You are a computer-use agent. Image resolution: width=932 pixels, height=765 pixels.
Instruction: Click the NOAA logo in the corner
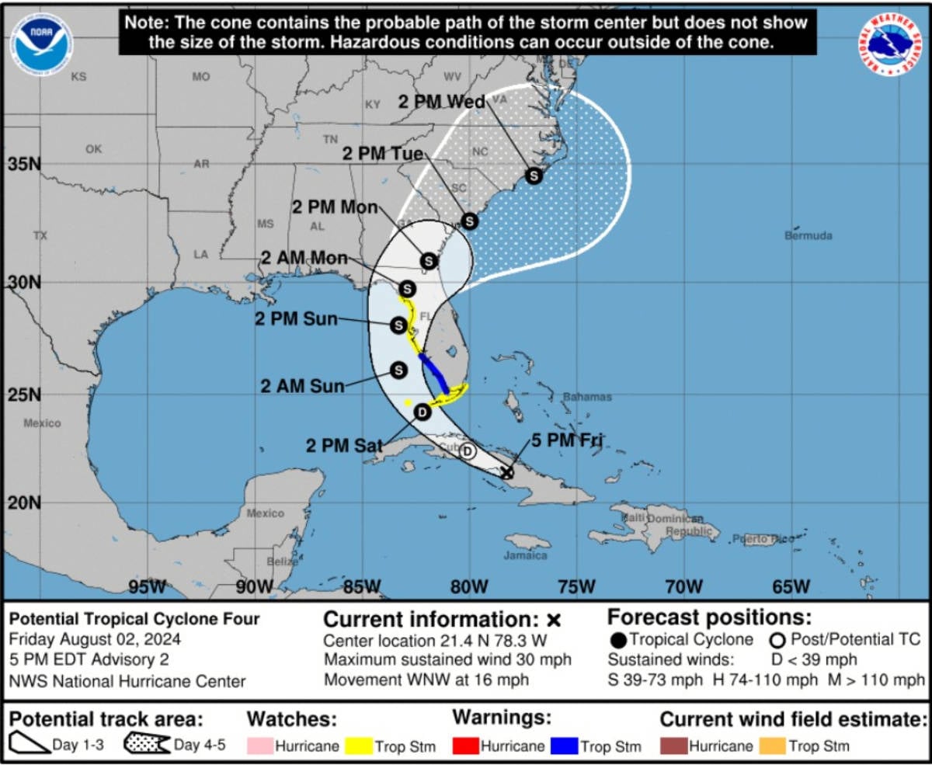point(41,44)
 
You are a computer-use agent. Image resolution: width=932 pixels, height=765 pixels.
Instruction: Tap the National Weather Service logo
point(890,44)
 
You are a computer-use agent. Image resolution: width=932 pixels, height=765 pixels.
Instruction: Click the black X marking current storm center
point(506,471)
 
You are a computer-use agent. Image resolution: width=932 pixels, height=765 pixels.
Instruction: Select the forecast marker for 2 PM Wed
point(534,176)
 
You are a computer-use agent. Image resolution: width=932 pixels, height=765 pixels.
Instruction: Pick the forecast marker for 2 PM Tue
point(469,221)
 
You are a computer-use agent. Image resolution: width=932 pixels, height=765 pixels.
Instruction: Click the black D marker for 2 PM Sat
point(422,412)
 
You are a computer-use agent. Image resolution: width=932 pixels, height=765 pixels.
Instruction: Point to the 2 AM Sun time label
point(302,385)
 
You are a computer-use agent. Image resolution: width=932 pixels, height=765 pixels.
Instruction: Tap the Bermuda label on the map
point(809,235)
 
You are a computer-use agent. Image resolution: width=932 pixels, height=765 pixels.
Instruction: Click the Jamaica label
point(525,555)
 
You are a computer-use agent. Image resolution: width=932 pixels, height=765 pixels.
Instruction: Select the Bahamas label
point(587,397)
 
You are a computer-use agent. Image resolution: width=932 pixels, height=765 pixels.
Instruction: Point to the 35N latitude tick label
point(24,165)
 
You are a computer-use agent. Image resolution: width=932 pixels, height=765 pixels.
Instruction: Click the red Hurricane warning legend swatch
point(465,746)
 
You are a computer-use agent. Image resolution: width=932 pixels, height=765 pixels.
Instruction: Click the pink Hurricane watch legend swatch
point(260,746)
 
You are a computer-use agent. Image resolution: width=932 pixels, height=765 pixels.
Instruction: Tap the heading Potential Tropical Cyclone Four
point(134,619)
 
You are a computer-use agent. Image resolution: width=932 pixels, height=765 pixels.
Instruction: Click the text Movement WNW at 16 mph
point(426,680)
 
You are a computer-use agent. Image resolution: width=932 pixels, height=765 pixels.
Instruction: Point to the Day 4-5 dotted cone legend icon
point(147,744)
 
